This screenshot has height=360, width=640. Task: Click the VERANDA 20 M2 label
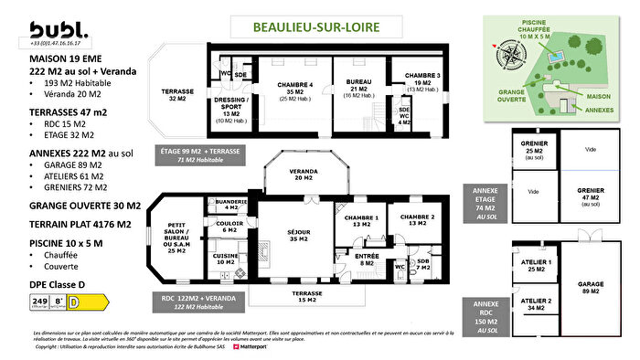305,175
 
